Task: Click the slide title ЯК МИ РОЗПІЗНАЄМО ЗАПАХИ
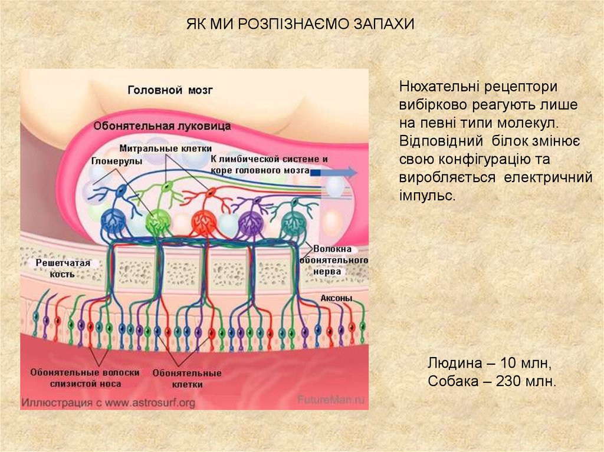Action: (301, 25)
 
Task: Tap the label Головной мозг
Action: (170, 90)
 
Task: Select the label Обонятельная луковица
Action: (162, 126)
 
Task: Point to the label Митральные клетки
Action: (165, 147)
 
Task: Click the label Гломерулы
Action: (116, 160)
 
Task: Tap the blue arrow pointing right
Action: (333, 172)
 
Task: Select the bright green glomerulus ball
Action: (157, 221)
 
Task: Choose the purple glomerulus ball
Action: (250, 223)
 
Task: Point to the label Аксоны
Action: (336, 298)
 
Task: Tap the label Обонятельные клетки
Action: (187, 378)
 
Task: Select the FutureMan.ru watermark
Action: (332, 398)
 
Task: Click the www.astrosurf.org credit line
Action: (108, 403)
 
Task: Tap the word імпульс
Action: (427, 195)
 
